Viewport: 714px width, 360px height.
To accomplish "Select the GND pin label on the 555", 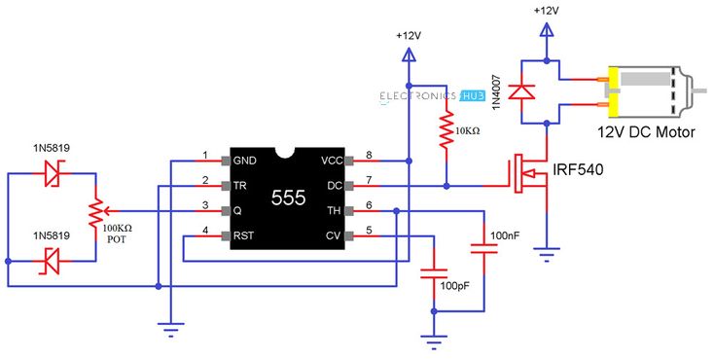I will pos(244,160).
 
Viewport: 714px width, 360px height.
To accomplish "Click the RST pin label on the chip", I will pos(244,236).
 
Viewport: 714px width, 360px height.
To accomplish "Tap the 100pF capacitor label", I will pos(455,287).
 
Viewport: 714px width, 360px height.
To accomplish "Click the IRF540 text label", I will pos(578,170).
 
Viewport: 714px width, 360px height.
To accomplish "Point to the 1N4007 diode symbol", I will pos(524,91).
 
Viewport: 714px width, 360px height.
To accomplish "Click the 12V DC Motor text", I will pos(646,131).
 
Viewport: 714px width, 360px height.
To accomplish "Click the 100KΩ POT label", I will pos(117,232).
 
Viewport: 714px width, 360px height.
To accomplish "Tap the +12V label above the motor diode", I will pos(547,11).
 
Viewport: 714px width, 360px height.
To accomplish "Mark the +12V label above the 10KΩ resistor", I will pos(409,36).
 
